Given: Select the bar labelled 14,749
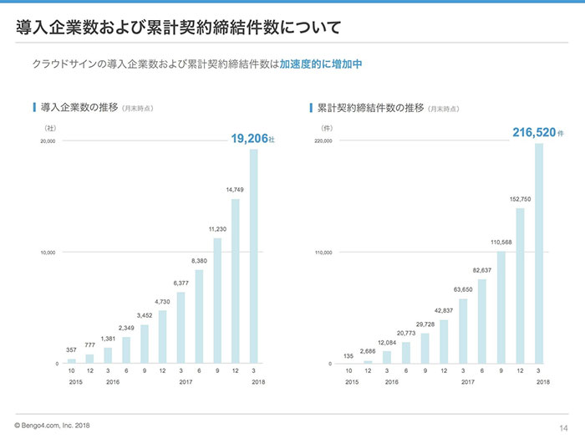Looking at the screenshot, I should [235, 281].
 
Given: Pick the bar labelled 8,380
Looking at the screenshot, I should [199, 316].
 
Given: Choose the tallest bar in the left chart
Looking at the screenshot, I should [253, 256].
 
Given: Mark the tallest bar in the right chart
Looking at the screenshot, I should [539, 253].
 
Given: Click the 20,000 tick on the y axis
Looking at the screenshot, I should [46, 141].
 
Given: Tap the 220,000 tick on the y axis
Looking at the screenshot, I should [323, 141].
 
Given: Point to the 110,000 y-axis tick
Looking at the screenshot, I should [323, 253].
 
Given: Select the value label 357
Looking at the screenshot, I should [71, 349].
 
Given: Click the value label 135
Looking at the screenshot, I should [348, 355].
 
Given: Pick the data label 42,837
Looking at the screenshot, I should [445, 310].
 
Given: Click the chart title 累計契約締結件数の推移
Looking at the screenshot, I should [370, 108].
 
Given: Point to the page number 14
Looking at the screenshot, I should [552, 426].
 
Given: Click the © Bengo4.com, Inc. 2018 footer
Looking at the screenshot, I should [53, 426].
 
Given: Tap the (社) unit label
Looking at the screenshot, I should [50, 128].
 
